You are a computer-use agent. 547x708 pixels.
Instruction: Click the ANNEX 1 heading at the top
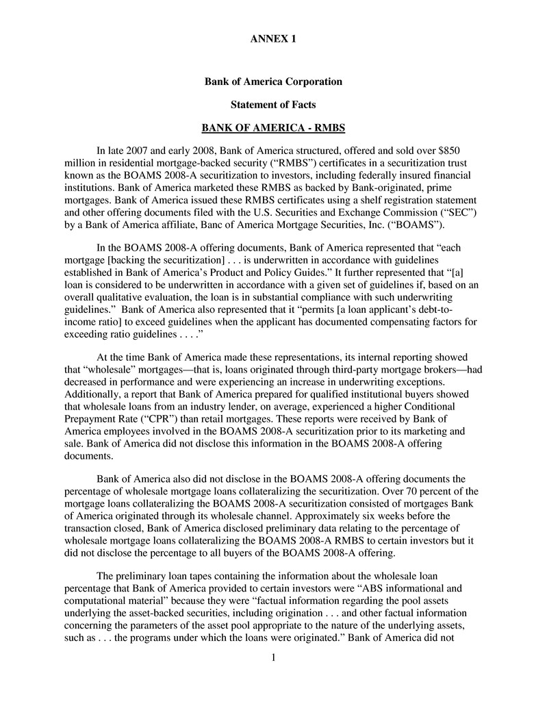point(273,39)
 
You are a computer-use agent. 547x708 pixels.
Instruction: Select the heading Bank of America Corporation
point(273,82)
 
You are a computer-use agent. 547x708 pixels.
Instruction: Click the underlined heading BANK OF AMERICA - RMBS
point(273,128)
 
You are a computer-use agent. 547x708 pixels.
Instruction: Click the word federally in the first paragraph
point(358,176)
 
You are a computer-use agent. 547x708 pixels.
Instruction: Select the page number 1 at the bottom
point(273,659)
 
